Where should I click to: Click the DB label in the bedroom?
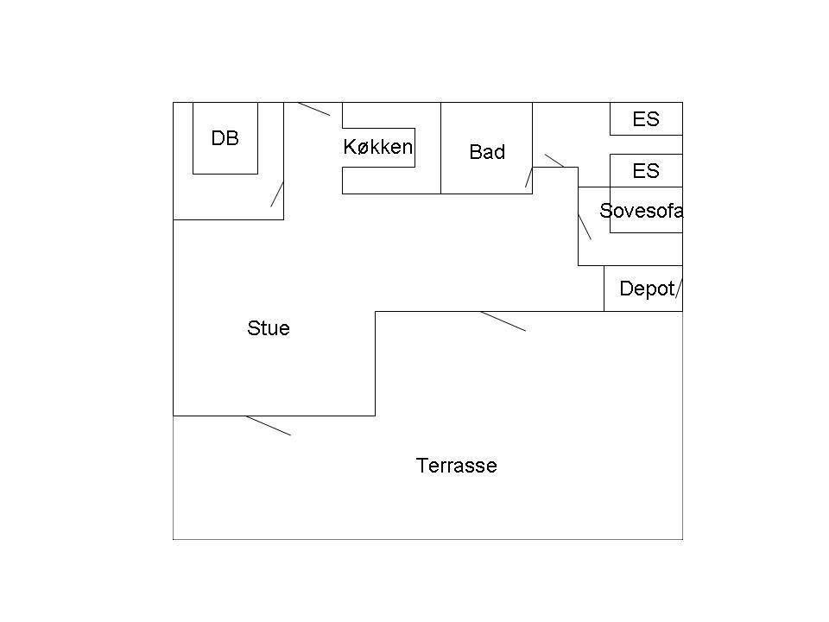pyautogui.click(x=225, y=138)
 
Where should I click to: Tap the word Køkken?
pyautogui.click(x=378, y=147)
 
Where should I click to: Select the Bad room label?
pyautogui.click(x=487, y=152)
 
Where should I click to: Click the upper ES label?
pyautogui.click(x=646, y=119)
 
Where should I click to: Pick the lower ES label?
pyautogui.click(x=646, y=171)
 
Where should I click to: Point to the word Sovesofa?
pyautogui.click(x=642, y=211)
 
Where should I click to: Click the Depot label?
pyautogui.click(x=647, y=289)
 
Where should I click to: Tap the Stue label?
pyautogui.click(x=269, y=328)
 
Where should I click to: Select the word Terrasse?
pyautogui.click(x=456, y=466)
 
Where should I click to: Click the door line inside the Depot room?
pyautogui.click(x=679, y=289)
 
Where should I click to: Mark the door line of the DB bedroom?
pyautogui.click(x=277, y=194)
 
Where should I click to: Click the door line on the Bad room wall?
pyautogui.click(x=528, y=177)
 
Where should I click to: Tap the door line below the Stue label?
pyautogui.click(x=268, y=426)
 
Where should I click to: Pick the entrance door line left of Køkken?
pyautogui.click(x=314, y=109)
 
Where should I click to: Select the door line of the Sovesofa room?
pyautogui.click(x=585, y=227)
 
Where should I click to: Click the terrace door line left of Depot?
pyautogui.click(x=503, y=321)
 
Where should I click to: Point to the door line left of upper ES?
pyautogui.click(x=554, y=161)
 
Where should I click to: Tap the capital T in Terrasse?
pyautogui.click(x=421, y=466)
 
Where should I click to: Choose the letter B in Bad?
pyautogui.click(x=475, y=152)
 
